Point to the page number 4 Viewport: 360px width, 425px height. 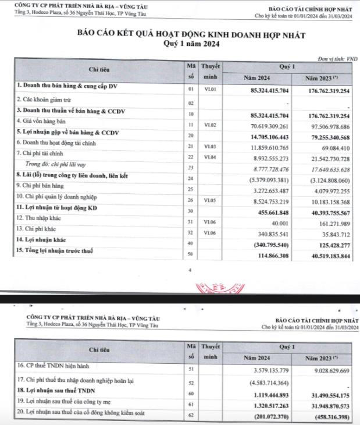tap(189, 271)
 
